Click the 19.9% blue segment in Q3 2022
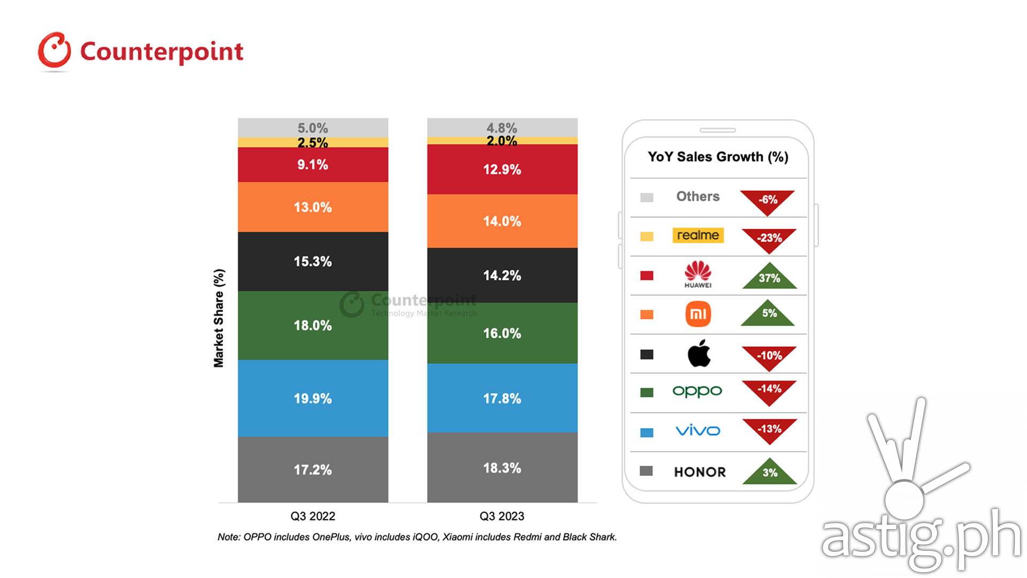click(x=313, y=398)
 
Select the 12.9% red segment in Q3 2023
click(x=502, y=169)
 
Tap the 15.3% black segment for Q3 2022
click(x=313, y=261)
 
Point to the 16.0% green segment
click(x=502, y=333)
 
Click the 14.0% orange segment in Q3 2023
click(x=502, y=221)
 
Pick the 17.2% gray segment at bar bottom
click(x=313, y=469)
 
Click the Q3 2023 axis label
click(x=502, y=516)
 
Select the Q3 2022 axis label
click(x=313, y=516)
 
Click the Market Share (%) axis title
click(x=219, y=318)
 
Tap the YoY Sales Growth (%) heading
click(x=718, y=157)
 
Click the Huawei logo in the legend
click(x=698, y=274)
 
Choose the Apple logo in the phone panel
click(x=699, y=353)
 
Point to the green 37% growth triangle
click(x=769, y=277)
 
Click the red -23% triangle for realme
click(x=769, y=239)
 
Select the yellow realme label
click(x=698, y=235)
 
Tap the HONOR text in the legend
click(x=700, y=472)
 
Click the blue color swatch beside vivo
click(x=647, y=432)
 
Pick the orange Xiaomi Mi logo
click(x=698, y=314)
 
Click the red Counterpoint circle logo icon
click(x=54, y=51)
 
